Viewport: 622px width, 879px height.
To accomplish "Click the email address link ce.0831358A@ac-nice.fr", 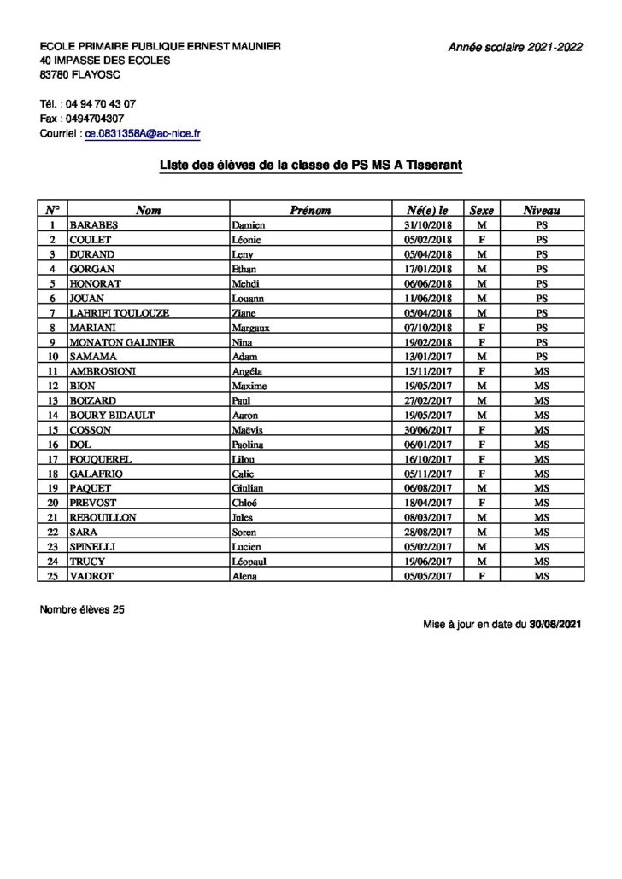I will point(143,134).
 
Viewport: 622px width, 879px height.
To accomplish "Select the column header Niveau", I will point(542,210).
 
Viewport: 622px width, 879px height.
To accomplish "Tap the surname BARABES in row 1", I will point(95,225).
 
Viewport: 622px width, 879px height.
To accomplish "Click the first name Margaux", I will point(252,328).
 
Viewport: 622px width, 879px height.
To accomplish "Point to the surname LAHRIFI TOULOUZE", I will point(120,313).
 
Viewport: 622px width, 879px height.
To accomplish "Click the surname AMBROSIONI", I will point(103,371).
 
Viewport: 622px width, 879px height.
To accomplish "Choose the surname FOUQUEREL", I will point(101,459).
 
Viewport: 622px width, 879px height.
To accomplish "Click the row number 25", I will point(52,576).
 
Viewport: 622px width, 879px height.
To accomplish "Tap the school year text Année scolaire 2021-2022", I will point(515,47).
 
